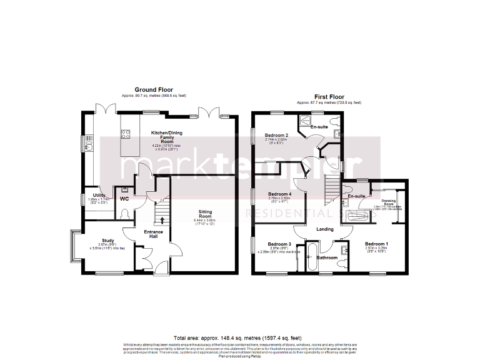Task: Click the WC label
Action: [124, 199]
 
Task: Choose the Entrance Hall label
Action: [153, 234]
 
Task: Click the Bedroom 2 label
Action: [276, 135]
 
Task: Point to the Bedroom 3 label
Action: [279, 244]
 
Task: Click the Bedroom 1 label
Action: [376, 244]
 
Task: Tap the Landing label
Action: [326, 229]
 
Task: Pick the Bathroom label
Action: [327, 257]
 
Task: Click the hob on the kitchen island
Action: [125, 132]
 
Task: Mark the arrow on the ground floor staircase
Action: [163, 219]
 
